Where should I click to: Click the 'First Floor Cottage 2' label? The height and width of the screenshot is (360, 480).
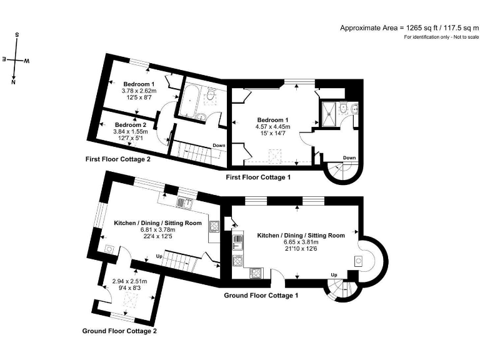[118, 159]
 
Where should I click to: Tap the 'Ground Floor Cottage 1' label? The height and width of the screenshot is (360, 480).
[261, 296]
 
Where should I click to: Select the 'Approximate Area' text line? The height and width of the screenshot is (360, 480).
[409, 28]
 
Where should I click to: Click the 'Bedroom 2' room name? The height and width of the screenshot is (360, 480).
[131, 125]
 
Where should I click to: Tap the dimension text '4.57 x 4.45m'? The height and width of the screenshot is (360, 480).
[273, 127]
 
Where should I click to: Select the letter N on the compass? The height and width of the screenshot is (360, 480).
[13, 82]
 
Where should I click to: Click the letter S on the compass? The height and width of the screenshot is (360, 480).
[17, 35]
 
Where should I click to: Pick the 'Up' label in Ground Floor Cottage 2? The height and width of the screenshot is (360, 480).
[159, 256]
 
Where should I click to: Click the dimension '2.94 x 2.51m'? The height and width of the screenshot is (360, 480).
[130, 281]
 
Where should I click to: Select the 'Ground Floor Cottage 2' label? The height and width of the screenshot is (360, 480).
[119, 331]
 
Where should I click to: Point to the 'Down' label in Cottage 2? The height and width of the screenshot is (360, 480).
[219, 146]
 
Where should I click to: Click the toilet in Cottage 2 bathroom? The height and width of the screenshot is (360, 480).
[210, 95]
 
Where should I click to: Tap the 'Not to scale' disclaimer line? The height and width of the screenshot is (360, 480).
[441, 37]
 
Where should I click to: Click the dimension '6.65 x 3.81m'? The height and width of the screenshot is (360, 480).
[301, 242]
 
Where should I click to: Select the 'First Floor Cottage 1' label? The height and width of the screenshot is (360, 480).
[258, 177]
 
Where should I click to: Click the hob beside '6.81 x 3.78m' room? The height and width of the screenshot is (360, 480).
[214, 226]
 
